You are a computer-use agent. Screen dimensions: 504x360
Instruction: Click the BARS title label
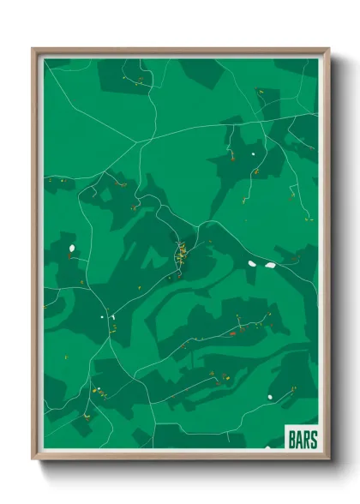(303, 440)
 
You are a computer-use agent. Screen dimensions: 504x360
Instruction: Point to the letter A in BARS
(300, 440)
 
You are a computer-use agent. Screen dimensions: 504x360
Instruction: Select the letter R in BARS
(307, 440)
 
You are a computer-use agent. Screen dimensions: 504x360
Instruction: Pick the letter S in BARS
(314, 440)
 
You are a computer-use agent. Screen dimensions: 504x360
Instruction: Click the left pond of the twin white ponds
(253, 263)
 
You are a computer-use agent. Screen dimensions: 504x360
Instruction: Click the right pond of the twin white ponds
(270, 266)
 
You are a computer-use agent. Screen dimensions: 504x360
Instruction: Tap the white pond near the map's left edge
(70, 250)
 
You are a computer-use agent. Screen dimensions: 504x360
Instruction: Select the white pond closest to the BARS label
(269, 396)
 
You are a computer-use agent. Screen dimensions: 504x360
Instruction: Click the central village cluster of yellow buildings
(181, 256)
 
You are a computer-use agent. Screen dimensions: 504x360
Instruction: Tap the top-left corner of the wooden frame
(33, 50)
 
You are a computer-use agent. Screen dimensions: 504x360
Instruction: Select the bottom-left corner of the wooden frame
(33, 459)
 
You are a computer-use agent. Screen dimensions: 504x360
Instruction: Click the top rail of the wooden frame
(180, 51)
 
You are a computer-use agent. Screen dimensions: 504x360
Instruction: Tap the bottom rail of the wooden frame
(180, 457)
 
